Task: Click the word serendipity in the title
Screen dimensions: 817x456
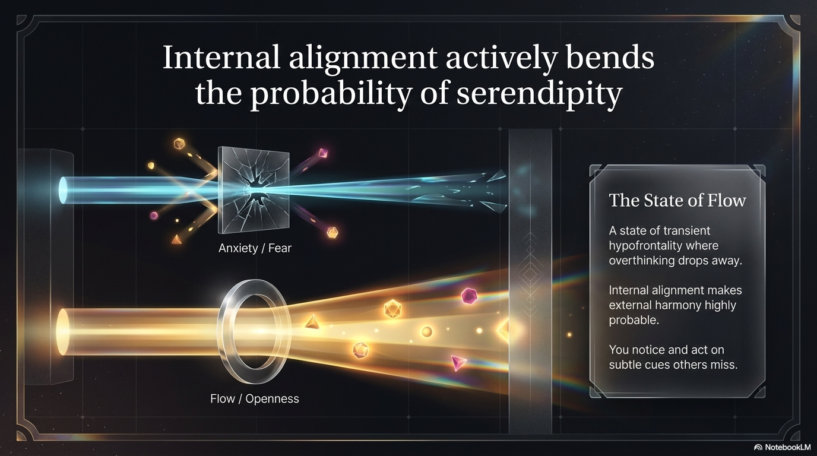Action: point(539,93)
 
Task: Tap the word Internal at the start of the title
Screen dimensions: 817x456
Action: point(221,57)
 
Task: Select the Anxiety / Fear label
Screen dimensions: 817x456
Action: point(255,248)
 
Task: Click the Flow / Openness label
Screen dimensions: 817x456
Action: point(255,399)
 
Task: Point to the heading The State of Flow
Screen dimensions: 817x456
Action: point(677,200)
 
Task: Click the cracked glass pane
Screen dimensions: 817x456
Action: point(254,189)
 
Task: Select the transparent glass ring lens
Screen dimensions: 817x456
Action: point(254,331)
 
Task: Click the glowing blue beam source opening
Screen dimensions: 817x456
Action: point(63,190)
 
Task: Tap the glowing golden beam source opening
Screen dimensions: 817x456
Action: point(63,331)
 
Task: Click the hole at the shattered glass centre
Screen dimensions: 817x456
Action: point(255,191)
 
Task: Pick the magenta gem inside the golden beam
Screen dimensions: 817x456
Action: point(468,296)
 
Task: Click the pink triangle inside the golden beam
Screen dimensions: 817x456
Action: point(458,363)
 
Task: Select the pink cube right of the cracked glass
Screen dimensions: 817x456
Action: point(323,153)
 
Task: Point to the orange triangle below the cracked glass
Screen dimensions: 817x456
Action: point(176,239)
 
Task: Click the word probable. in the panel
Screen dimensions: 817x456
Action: point(634,320)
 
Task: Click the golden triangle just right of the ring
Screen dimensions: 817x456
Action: point(312,322)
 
